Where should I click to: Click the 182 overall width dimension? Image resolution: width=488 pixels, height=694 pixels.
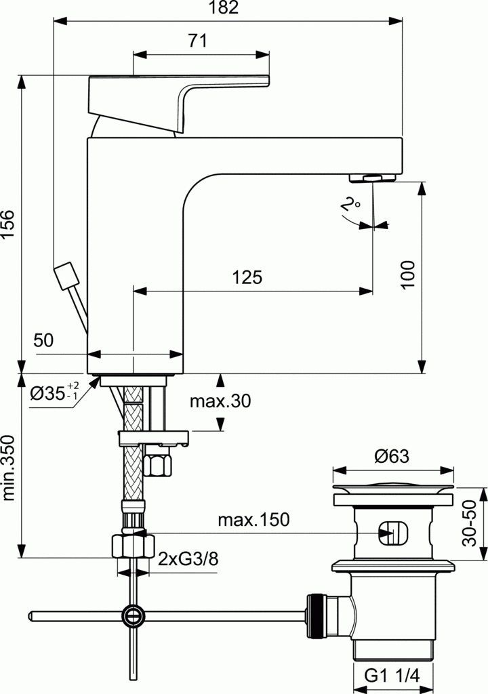228,9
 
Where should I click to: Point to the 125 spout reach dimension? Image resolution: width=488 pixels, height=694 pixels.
247,277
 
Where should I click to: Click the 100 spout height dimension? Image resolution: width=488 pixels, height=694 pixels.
407,274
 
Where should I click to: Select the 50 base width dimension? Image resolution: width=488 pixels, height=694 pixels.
43,341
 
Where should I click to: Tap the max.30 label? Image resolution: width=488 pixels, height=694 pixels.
220,401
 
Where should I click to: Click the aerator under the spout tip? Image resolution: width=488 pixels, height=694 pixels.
372,178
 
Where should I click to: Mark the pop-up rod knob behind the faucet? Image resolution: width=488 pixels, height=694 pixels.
66,276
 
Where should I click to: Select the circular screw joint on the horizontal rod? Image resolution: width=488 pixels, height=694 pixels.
134,615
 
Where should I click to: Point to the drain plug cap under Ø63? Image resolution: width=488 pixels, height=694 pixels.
392,489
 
